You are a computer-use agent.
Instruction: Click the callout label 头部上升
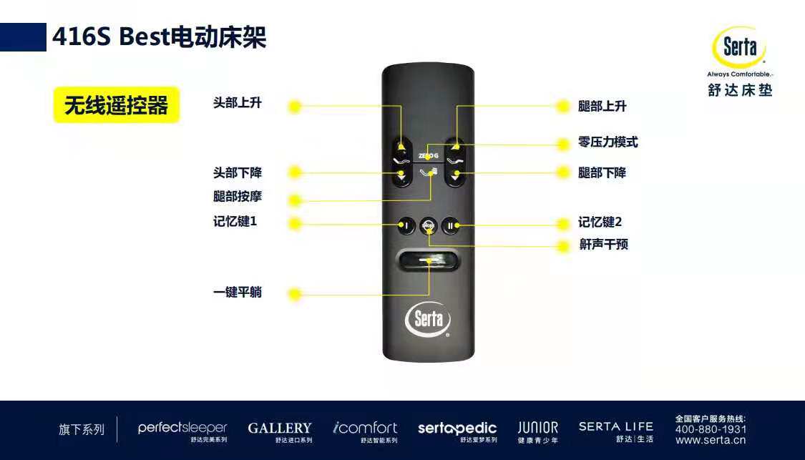pyautogui.click(x=237, y=103)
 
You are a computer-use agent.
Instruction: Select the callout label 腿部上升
pyautogui.click(x=602, y=106)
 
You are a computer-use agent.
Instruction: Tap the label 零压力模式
pyautogui.click(x=608, y=142)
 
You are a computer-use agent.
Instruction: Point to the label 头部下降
pyautogui.click(x=237, y=172)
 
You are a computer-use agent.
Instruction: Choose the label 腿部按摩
pyautogui.click(x=237, y=197)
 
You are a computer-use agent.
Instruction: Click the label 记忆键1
pyautogui.click(x=235, y=222)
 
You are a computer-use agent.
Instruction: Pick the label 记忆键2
pyautogui.click(x=600, y=222)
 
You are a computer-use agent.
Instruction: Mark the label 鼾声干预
pyautogui.click(x=603, y=245)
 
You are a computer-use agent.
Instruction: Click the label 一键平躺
pyautogui.click(x=237, y=293)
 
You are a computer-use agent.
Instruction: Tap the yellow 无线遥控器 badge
pyautogui.click(x=116, y=106)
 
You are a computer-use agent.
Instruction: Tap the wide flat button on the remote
pyautogui.click(x=429, y=262)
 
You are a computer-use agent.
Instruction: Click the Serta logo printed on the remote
pyautogui.click(x=428, y=319)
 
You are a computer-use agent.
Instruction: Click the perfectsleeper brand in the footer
pyautogui.click(x=182, y=429)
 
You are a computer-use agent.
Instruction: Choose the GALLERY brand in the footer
pyautogui.click(x=280, y=429)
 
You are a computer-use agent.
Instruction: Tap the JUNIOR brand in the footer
pyautogui.click(x=538, y=429)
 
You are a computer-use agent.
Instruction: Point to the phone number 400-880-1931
pyautogui.click(x=711, y=429)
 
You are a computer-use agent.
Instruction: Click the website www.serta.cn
pyautogui.click(x=711, y=440)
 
